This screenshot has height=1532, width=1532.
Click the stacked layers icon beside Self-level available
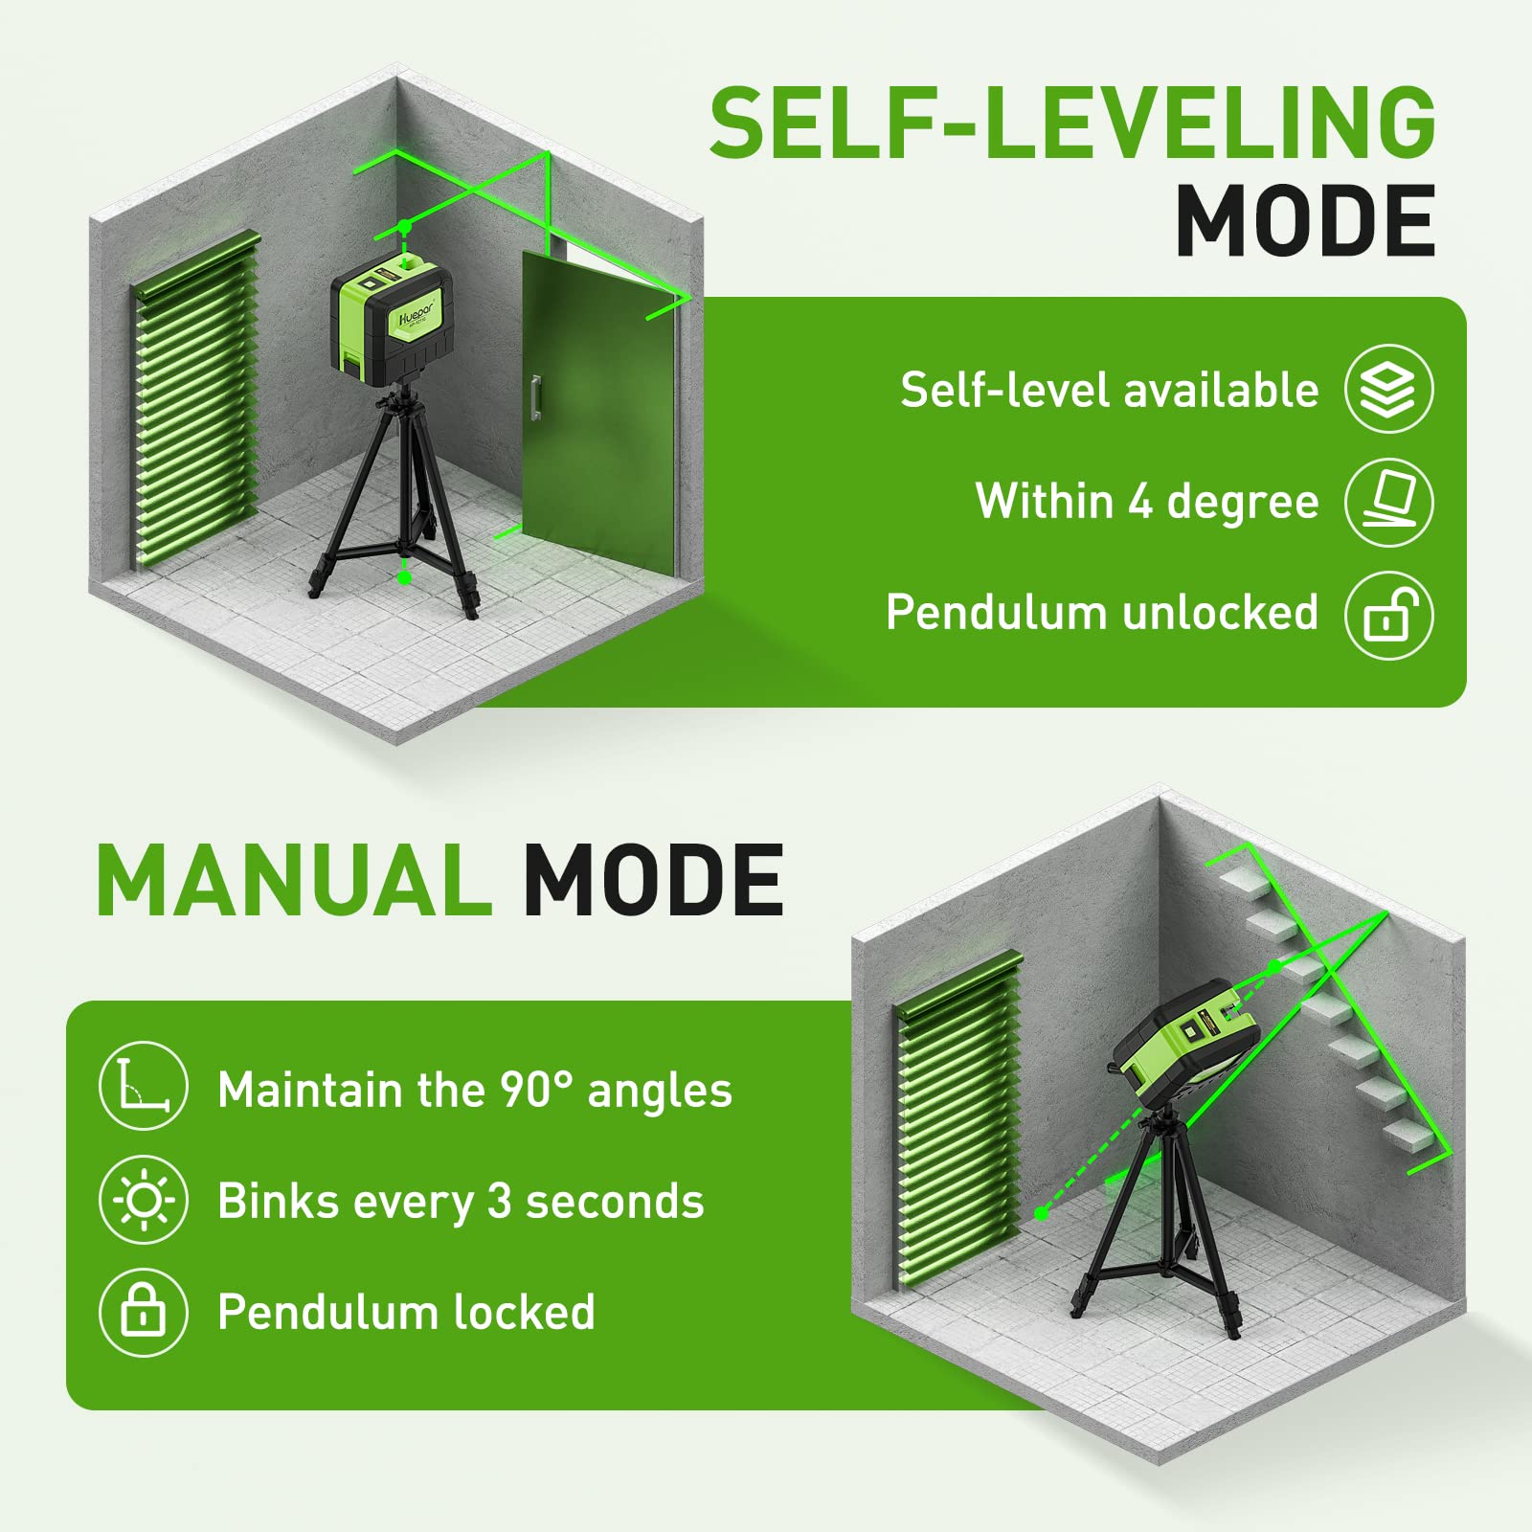[1388, 390]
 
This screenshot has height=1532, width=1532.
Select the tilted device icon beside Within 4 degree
[1388, 501]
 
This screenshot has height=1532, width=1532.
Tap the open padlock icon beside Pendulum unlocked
[1388, 615]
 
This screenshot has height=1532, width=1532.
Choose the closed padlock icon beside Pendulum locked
[143, 1312]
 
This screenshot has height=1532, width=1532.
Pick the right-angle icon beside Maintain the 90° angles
[143, 1087]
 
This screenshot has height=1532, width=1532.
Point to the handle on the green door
[536, 397]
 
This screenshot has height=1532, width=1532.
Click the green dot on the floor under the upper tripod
[404, 577]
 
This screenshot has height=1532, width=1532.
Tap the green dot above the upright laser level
[405, 226]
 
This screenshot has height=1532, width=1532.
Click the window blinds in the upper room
[196, 402]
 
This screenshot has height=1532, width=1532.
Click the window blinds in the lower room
[957, 1120]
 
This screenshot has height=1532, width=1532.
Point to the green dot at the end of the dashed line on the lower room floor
[1042, 1213]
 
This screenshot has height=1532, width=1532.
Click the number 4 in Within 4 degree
[1139, 502]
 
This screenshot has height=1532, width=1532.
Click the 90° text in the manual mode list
[536, 1090]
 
